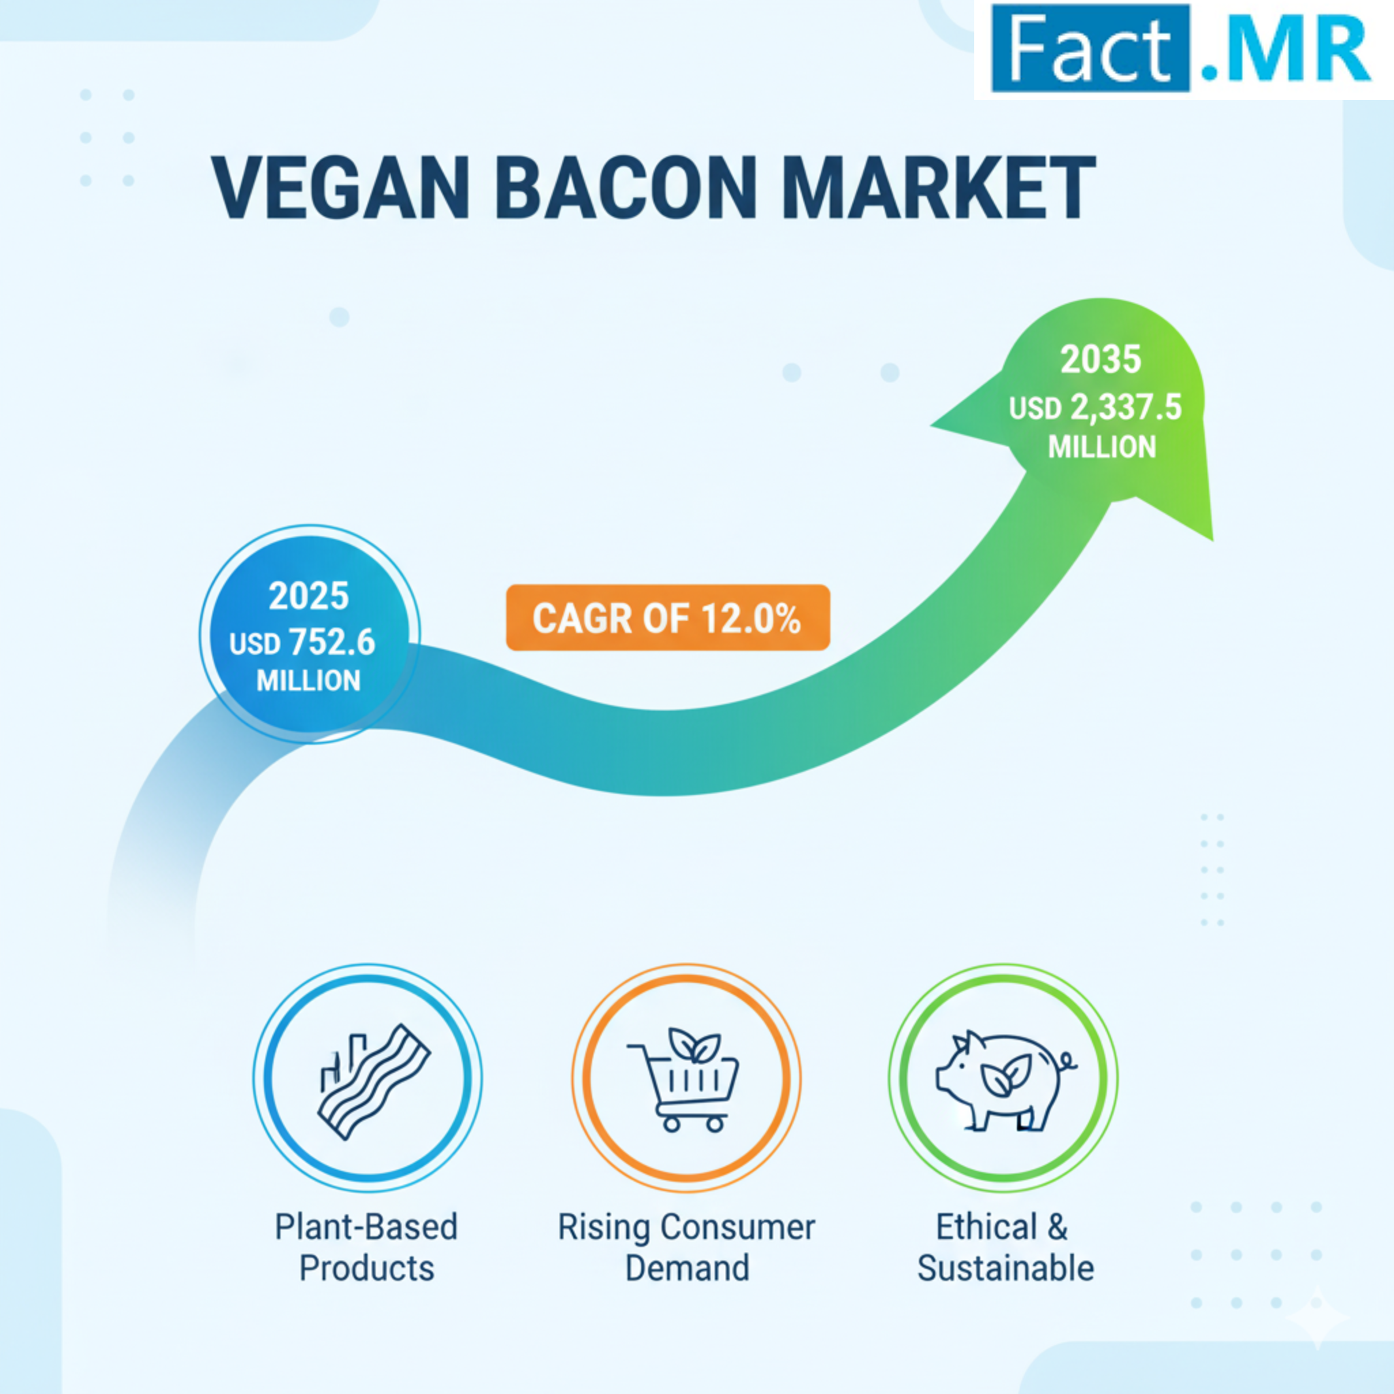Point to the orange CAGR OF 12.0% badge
[668, 617]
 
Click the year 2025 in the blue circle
[309, 596]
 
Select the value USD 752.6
[302, 642]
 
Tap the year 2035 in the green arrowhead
[1101, 359]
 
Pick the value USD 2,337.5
[1095, 408]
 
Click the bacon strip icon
[374, 1082]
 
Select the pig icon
[1005, 1080]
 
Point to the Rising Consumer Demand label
[686, 1248]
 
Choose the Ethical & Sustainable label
[1005, 1248]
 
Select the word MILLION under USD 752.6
[309, 681]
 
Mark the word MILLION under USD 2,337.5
[1102, 447]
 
